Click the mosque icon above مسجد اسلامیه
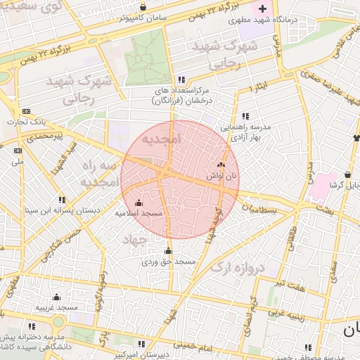point(138,203)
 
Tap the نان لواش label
point(221,176)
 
